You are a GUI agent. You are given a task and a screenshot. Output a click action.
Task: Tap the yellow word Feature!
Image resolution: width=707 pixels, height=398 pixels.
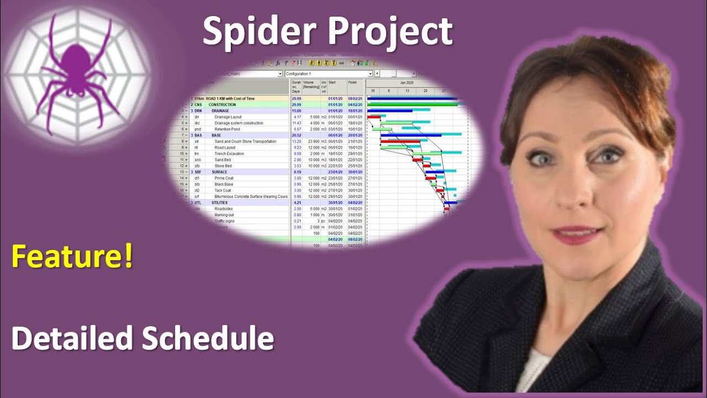pyautogui.click(x=72, y=257)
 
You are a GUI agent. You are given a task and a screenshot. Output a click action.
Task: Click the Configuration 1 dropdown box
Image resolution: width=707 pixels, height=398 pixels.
pyautogui.click(x=329, y=74)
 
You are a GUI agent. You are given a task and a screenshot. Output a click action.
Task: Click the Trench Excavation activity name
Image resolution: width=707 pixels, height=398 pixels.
pyautogui.click(x=229, y=154)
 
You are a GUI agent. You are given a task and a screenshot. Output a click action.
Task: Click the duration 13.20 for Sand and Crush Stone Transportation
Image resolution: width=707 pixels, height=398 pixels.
pyautogui.click(x=297, y=142)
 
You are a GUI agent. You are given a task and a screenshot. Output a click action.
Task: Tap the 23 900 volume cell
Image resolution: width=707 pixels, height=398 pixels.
pyautogui.click(x=311, y=142)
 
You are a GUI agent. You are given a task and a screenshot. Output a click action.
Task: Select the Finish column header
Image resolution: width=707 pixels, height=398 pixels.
pyautogui.click(x=352, y=83)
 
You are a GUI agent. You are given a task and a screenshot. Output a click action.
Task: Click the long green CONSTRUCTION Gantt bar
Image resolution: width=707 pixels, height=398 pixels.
pyautogui.click(x=412, y=104)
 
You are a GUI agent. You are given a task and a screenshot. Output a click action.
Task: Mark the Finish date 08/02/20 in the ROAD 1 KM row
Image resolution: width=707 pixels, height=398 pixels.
pyautogui.click(x=355, y=98)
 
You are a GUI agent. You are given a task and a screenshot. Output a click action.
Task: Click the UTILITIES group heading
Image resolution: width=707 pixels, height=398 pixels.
pyautogui.click(x=220, y=203)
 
